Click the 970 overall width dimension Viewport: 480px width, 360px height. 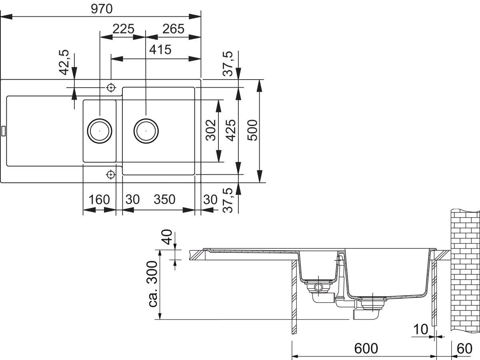click(x=102, y=9)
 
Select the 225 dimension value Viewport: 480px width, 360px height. click(x=123, y=29)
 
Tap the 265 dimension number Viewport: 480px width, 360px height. click(x=174, y=29)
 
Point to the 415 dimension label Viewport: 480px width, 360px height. click(x=160, y=50)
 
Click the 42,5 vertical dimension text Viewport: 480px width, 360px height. click(x=64, y=62)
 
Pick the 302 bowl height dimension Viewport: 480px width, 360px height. click(x=211, y=130)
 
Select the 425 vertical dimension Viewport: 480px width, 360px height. click(x=231, y=130)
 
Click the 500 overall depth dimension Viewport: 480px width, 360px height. click(x=252, y=130)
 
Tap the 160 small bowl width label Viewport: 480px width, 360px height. click(x=99, y=200)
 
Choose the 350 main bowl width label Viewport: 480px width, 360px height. click(x=164, y=199)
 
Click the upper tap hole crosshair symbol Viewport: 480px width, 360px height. click(x=111, y=88)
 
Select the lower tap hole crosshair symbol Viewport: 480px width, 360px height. click(x=111, y=174)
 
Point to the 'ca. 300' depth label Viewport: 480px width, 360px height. click(x=153, y=284)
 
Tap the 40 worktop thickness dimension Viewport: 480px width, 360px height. click(x=167, y=237)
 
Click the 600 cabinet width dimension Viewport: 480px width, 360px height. click(x=366, y=348)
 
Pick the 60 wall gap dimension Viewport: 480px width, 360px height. click(x=464, y=349)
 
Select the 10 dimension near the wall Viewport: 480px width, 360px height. click(x=420, y=329)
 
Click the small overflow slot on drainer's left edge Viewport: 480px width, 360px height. click(x=3, y=131)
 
